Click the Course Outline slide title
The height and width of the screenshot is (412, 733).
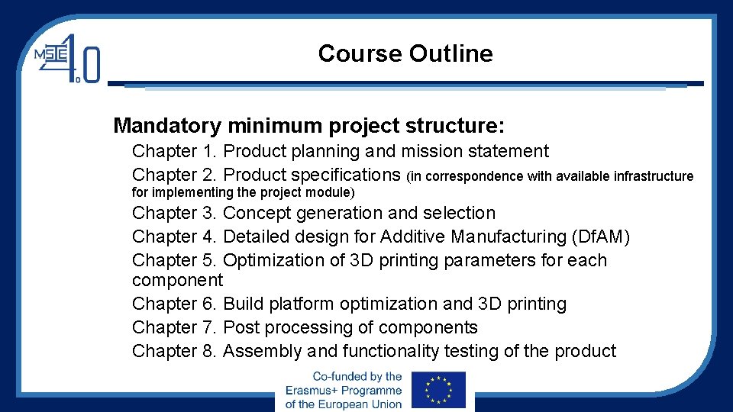(x=405, y=53)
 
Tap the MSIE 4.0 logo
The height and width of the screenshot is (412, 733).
(x=66, y=58)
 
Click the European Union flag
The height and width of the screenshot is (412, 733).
(x=438, y=390)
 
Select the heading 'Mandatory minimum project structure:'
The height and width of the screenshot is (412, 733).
(x=308, y=124)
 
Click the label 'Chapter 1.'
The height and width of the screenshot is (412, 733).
(x=175, y=152)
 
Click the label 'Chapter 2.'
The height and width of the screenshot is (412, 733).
(x=175, y=175)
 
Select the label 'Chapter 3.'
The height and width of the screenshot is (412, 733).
(x=175, y=213)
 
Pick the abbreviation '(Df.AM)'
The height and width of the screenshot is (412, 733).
(x=600, y=237)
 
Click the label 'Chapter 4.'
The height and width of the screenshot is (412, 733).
(x=175, y=237)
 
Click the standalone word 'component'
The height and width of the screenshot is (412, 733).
(x=177, y=280)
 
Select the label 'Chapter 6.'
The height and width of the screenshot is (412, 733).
(x=175, y=304)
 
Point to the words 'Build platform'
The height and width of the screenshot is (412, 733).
(x=279, y=304)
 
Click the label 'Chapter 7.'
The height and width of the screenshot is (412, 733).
(x=175, y=327)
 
